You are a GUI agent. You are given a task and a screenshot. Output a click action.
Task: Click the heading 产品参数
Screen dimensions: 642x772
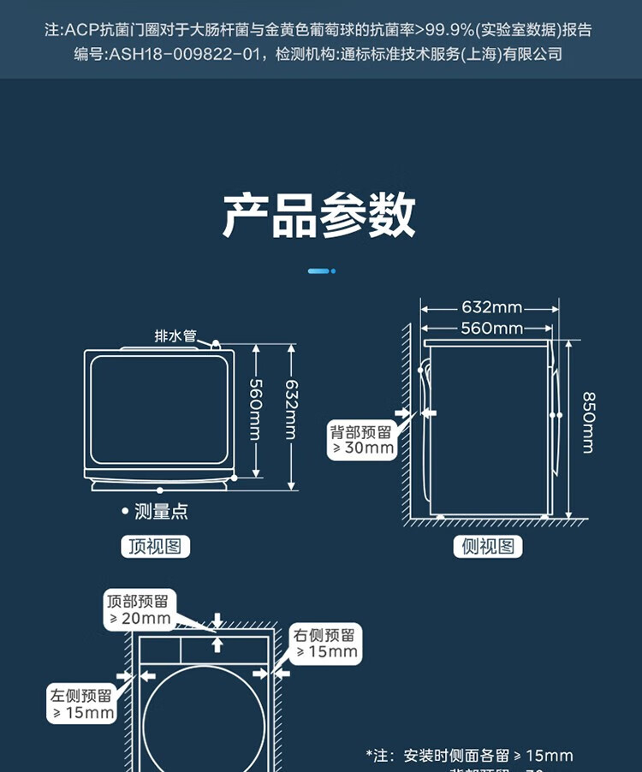tap(319, 215)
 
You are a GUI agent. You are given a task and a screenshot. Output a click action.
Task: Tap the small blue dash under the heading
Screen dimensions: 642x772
tap(321, 271)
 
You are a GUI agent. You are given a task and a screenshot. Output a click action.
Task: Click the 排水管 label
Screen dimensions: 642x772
tap(176, 336)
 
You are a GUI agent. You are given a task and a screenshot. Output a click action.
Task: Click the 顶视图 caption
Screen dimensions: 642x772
tap(155, 546)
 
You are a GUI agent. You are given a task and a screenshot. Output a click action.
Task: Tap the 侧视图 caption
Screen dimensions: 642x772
tap(488, 546)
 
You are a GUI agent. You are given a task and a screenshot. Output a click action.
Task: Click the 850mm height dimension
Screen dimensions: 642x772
tap(588, 421)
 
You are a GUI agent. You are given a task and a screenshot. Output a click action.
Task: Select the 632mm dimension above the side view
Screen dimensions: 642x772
tap(491, 307)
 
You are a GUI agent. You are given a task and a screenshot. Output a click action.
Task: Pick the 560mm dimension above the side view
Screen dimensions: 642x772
tap(491, 328)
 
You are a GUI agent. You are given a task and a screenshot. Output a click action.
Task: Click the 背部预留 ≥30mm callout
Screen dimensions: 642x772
tap(362, 440)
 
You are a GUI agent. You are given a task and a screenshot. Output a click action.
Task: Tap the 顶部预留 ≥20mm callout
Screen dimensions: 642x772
tap(139, 609)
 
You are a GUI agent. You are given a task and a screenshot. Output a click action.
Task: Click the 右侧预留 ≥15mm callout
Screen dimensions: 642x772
tap(325, 644)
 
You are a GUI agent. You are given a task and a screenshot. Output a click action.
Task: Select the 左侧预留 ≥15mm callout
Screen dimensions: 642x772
tap(81, 704)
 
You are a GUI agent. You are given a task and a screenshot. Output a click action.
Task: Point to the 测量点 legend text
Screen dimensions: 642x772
tap(161, 512)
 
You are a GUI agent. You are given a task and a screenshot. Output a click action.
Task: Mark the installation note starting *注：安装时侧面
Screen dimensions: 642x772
tap(469, 756)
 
